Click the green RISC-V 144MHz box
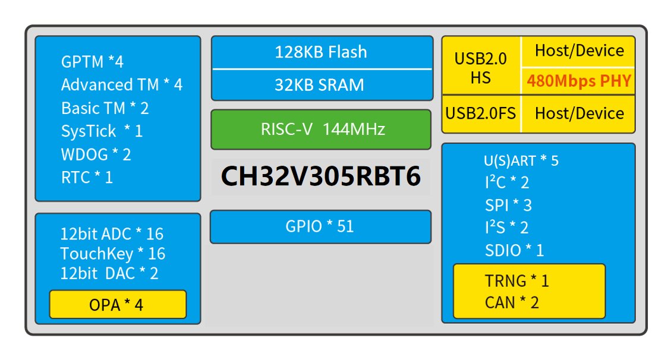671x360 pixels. click(x=321, y=129)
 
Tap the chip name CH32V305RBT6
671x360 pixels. click(x=321, y=176)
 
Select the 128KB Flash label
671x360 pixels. click(x=321, y=52)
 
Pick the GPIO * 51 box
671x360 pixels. click(x=320, y=226)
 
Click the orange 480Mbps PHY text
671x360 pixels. click(x=578, y=81)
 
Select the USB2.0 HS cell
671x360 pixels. click(x=481, y=68)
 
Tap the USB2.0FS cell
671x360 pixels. click(x=481, y=113)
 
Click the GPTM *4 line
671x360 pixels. click(x=92, y=62)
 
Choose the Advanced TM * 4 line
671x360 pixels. click(x=121, y=85)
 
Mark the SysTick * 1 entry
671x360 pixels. click(x=102, y=131)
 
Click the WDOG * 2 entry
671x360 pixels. click(x=96, y=154)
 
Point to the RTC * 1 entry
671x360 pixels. click(x=87, y=177)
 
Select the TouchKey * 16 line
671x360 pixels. click(x=112, y=254)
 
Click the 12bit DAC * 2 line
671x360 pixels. click(x=109, y=274)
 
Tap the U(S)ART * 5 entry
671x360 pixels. click(x=521, y=161)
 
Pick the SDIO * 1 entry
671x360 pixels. click(x=514, y=250)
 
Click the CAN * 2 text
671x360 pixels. click(x=512, y=302)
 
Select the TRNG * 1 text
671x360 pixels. click(x=516, y=281)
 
